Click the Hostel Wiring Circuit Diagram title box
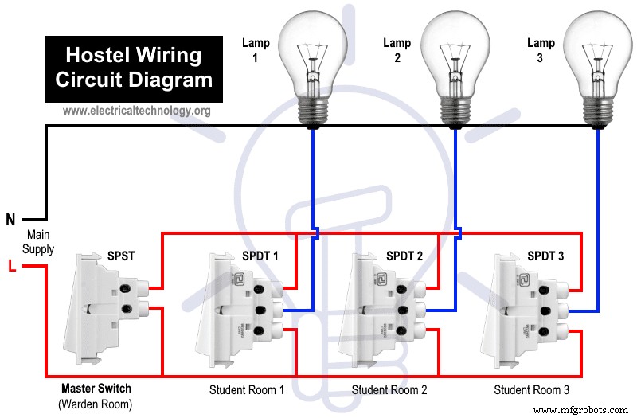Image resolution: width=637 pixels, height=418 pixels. point(134,69)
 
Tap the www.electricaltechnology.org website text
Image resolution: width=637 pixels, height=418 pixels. point(136,111)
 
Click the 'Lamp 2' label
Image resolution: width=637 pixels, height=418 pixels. point(397,50)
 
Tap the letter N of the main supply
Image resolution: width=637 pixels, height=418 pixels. point(11,220)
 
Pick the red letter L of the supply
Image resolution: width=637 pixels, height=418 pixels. point(12,266)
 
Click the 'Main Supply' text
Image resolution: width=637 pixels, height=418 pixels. point(38,242)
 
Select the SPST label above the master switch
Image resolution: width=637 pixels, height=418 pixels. point(121,256)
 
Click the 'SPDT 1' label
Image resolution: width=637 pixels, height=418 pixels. point(260,256)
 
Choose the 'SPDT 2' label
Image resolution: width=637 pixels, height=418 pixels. point(404,256)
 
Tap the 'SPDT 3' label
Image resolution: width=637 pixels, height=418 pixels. point(545,256)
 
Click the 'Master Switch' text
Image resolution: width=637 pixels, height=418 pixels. point(96,389)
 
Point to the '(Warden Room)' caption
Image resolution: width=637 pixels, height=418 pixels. point(96,404)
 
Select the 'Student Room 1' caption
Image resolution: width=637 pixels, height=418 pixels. point(247,390)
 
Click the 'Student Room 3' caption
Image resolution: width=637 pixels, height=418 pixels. point(531,390)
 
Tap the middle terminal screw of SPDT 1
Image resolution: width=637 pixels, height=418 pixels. point(260,311)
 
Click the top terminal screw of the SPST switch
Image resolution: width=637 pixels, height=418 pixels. point(126,289)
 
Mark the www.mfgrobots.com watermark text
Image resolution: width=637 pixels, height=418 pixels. point(580,410)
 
